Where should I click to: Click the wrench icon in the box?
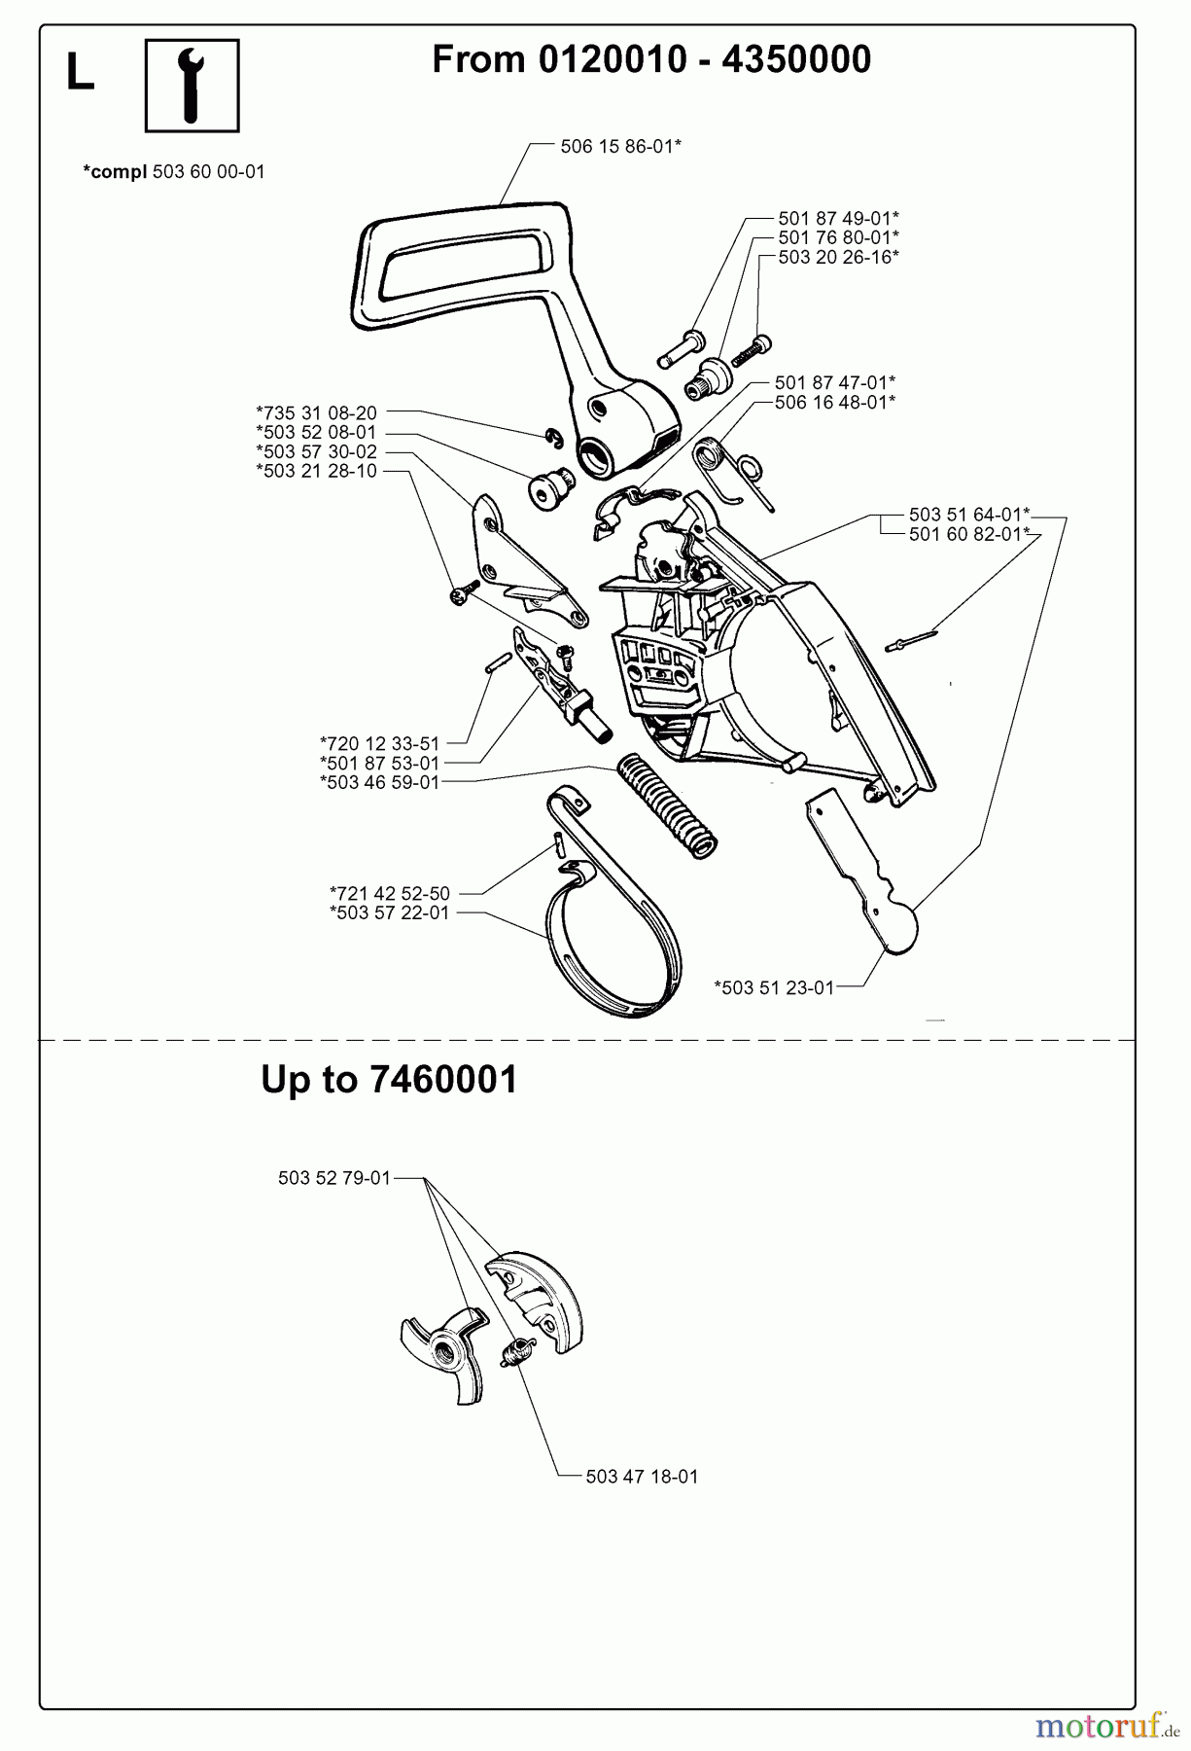pos(192,85)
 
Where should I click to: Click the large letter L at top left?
pos(80,73)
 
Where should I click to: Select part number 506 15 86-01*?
pos(620,146)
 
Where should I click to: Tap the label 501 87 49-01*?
pos(837,219)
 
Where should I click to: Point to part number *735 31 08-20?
pos(316,412)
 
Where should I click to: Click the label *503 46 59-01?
pos(379,782)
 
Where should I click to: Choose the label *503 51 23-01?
pos(774,987)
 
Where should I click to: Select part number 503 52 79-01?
pos(333,1178)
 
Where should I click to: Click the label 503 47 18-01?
pos(642,1476)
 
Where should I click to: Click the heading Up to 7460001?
pos(389,1080)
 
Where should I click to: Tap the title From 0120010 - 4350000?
pos(650,59)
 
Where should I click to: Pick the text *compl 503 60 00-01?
pos(174,172)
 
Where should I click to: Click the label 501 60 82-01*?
pos(968,534)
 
